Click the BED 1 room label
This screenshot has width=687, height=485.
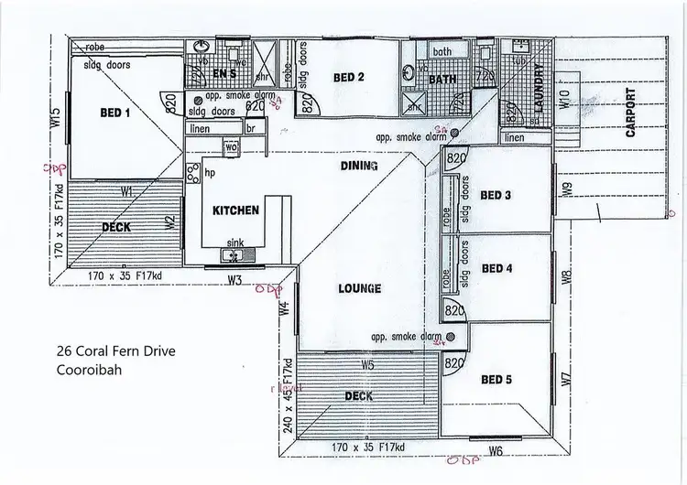click(x=116, y=113)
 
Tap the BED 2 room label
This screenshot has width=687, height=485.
click(x=349, y=78)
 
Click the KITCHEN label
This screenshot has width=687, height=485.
click(x=236, y=210)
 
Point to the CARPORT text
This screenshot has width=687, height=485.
click(x=630, y=112)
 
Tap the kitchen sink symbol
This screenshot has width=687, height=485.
click(x=234, y=253)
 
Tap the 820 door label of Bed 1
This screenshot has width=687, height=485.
click(x=170, y=106)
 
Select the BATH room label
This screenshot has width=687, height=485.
click(x=442, y=80)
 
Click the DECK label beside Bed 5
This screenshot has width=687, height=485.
click(x=358, y=396)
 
